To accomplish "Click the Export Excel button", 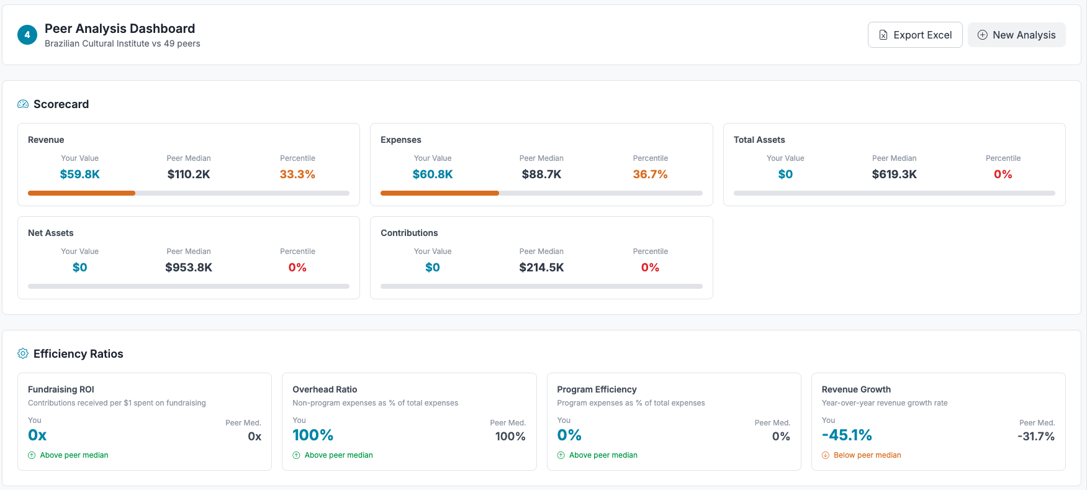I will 914,35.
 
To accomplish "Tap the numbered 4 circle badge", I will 27,35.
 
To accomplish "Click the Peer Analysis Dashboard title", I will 120,29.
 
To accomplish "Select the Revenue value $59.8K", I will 79,175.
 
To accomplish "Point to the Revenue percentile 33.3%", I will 297,175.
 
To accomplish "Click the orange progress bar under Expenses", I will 440,193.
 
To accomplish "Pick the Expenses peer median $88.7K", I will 541,175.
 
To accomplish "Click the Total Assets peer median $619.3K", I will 894,175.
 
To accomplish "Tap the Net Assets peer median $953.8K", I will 189,268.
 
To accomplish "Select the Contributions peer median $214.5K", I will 541,268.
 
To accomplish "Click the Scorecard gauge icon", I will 23,104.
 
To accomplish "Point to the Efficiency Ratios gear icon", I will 23,353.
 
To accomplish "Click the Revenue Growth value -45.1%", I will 847,435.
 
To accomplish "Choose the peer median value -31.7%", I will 1035,437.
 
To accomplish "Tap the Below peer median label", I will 867,455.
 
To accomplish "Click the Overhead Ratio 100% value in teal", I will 313,435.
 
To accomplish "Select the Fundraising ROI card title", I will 61,389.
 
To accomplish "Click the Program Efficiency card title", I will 597,389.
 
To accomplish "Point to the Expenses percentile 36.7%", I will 650,175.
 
